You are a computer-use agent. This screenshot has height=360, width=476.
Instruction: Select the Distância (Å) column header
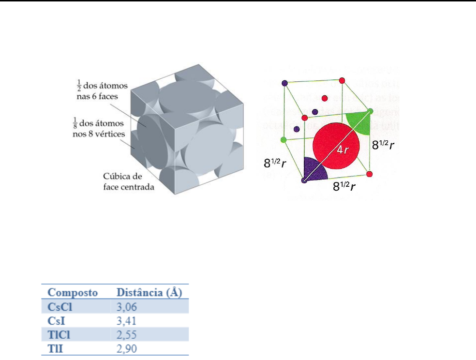(x=150, y=293)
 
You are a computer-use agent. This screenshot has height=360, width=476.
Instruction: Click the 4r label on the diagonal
(x=343, y=150)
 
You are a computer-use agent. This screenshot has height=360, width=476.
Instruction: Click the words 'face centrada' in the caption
(x=128, y=186)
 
